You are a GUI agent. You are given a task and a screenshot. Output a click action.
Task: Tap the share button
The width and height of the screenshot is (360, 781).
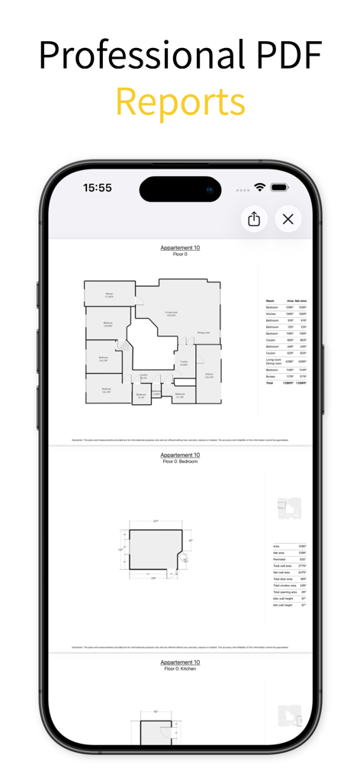(x=254, y=220)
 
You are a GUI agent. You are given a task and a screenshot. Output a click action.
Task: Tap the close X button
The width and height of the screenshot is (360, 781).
(x=288, y=220)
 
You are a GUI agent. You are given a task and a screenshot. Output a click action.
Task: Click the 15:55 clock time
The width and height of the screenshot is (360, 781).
(x=98, y=188)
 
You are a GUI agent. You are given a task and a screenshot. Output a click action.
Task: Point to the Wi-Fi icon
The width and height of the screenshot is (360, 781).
(x=260, y=188)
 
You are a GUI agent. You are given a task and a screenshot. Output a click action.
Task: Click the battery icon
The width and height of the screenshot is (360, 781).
(x=280, y=188)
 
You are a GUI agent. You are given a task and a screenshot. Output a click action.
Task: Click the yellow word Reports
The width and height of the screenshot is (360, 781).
(x=180, y=101)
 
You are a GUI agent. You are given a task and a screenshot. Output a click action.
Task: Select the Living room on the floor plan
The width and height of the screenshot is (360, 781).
(x=172, y=313)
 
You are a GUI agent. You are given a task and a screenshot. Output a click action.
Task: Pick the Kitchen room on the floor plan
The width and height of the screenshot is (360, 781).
(x=209, y=375)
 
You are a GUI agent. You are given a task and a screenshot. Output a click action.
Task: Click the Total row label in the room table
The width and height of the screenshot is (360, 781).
(x=269, y=382)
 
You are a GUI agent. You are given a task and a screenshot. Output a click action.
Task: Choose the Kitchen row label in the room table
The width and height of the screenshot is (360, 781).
(x=271, y=313)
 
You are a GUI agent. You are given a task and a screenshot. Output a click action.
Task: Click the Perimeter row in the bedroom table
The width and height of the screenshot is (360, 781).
(x=280, y=559)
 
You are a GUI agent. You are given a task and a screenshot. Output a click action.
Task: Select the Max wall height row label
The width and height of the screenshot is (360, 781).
(x=283, y=599)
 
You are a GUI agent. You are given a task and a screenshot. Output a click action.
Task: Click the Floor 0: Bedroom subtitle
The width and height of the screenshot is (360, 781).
(x=180, y=461)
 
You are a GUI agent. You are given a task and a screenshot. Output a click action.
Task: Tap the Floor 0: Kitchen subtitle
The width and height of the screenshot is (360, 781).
(x=180, y=669)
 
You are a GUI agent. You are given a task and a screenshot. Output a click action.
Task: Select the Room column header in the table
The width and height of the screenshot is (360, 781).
(x=270, y=301)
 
